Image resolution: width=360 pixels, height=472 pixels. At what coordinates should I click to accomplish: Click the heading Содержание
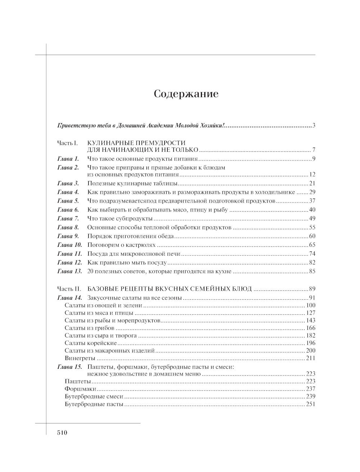(x=186, y=94)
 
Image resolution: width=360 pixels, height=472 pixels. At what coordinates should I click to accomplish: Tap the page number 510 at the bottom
(x=62, y=433)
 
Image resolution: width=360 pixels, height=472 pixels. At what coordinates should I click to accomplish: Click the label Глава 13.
(x=69, y=272)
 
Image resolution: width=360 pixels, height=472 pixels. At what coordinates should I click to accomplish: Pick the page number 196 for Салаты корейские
(x=310, y=343)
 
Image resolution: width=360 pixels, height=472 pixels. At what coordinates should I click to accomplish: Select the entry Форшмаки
(x=80, y=389)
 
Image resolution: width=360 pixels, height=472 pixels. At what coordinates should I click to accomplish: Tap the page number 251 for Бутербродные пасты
(x=310, y=404)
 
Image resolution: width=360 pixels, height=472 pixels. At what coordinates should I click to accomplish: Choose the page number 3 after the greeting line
(x=314, y=126)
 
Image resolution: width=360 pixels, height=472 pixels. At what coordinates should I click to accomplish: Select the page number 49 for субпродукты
(x=312, y=219)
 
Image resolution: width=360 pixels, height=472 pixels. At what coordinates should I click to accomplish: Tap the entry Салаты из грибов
(x=90, y=328)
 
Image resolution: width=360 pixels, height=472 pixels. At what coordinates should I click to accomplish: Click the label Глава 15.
(x=69, y=367)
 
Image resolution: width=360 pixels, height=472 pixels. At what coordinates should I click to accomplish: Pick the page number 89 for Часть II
(x=312, y=289)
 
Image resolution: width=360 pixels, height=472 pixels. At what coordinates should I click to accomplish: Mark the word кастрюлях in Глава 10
(x=142, y=245)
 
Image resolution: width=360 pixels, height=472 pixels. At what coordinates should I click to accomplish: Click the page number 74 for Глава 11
(x=312, y=254)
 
